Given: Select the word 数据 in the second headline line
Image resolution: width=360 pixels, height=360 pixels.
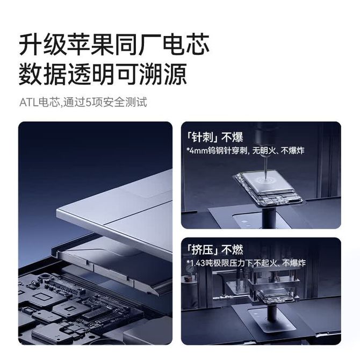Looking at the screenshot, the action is coord(42,74).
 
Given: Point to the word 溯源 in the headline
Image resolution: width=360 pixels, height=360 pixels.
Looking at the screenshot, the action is coord(163,74).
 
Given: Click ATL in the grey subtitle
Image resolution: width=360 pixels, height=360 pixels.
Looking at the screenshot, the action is coord(28,103).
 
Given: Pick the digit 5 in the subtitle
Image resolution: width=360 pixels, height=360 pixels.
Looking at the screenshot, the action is coord(88,103).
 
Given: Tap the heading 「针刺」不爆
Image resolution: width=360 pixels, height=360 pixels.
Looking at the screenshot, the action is coord(215,137).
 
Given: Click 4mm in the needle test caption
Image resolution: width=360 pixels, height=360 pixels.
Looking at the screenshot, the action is coord(198,151).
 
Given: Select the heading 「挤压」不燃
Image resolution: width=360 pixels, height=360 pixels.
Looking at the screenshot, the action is coord(215,249).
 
